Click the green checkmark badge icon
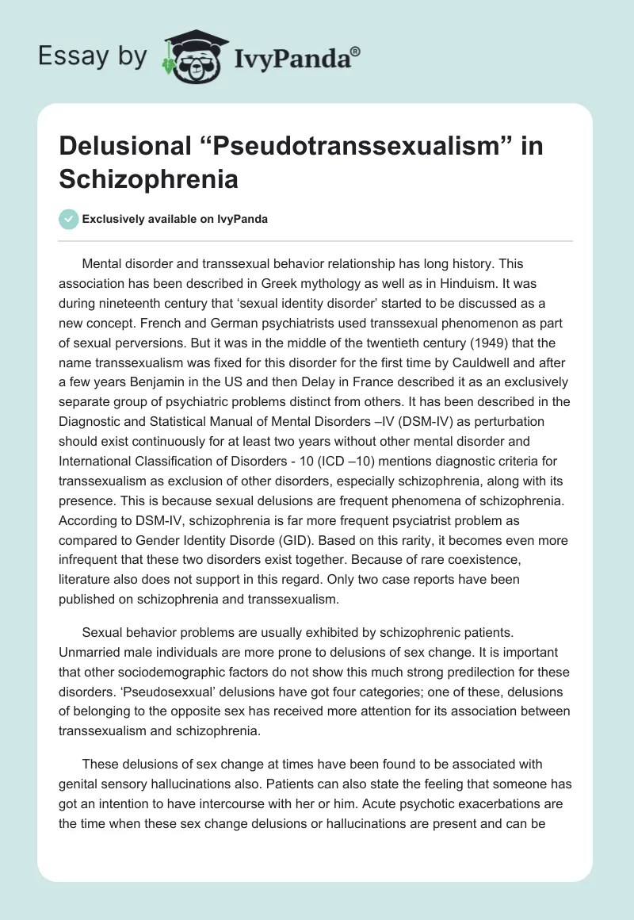(68, 219)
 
